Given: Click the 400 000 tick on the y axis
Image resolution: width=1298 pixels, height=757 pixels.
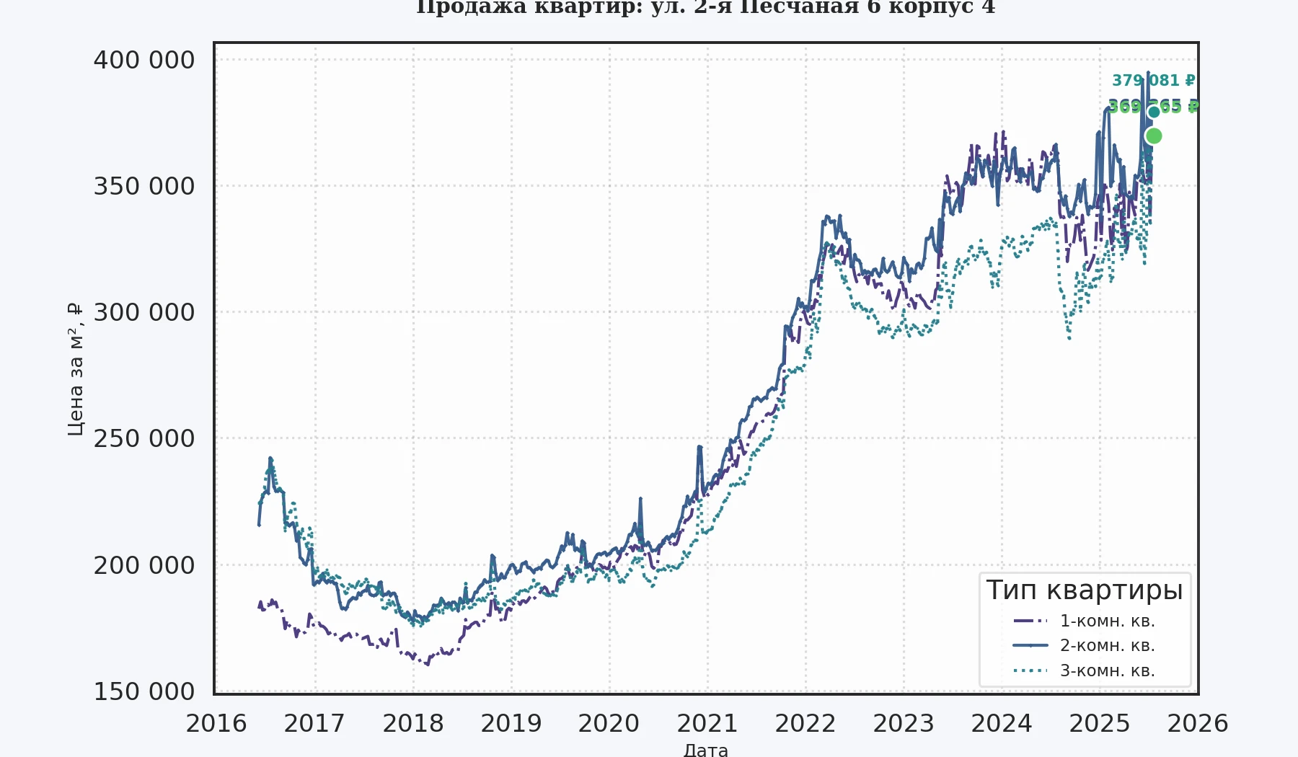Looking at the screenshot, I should [144, 60].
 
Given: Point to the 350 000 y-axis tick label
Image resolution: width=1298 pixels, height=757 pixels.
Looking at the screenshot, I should [144, 186].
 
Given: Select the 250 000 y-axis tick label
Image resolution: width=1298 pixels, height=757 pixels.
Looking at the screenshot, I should [144, 438].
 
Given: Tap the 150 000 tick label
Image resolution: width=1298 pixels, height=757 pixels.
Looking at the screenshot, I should [144, 691].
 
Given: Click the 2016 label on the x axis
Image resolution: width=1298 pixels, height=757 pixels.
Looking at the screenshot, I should [216, 723].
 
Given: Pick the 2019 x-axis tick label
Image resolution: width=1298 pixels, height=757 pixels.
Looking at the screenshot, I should [511, 723].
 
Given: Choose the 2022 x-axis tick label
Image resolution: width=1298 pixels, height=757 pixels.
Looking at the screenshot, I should [805, 723].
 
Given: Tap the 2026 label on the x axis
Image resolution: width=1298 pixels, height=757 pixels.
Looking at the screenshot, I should [1197, 723].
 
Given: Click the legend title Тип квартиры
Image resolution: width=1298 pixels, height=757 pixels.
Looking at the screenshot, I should [1085, 590].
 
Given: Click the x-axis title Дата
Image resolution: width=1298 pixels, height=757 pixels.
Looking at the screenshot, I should [705, 750].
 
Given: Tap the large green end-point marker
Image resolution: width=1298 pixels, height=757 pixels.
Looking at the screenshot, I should [1153, 136].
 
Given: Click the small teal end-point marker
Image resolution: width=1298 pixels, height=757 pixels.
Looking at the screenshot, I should [1154, 112].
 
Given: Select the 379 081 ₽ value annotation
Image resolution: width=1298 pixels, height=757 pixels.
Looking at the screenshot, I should [1153, 80].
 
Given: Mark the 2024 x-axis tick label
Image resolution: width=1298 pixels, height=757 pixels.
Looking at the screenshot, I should [1002, 723].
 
